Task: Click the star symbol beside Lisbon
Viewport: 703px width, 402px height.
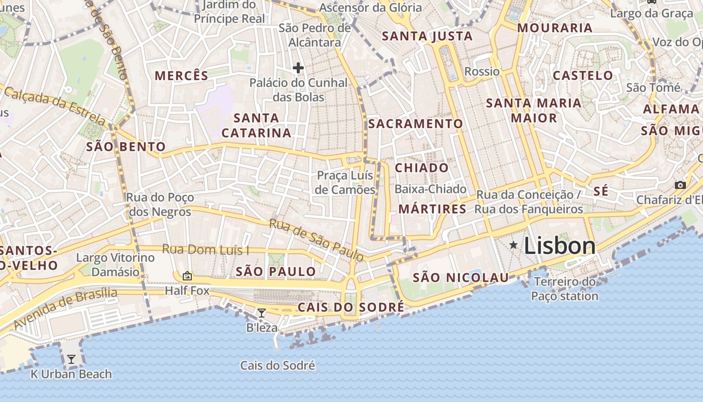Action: click(x=513, y=245)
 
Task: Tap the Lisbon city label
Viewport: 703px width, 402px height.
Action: click(x=560, y=246)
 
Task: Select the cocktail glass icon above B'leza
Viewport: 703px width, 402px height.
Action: click(x=262, y=313)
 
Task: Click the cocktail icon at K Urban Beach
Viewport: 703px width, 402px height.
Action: click(x=71, y=359)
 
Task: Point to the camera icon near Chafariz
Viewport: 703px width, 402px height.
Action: click(x=680, y=185)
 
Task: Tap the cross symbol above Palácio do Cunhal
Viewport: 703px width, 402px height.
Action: click(x=298, y=68)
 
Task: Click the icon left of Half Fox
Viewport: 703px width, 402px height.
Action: click(x=187, y=275)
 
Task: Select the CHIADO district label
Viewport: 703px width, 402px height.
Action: click(x=422, y=168)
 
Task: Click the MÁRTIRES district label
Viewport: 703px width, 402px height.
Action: click(x=432, y=209)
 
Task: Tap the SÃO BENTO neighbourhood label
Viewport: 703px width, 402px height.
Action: click(x=126, y=147)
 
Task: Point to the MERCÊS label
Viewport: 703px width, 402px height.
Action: click(x=181, y=76)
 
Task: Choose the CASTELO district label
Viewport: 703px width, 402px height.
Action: click(x=583, y=76)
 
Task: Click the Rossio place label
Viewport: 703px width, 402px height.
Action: click(x=482, y=71)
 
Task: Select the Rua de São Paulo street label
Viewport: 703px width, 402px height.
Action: click(x=316, y=240)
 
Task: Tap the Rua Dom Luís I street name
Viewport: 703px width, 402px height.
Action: click(x=206, y=249)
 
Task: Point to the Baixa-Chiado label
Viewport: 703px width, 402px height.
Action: click(x=430, y=189)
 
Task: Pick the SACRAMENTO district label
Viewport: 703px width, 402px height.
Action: click(x=416, y=124)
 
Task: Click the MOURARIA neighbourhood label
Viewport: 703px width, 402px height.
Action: click(x=555, y=28)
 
